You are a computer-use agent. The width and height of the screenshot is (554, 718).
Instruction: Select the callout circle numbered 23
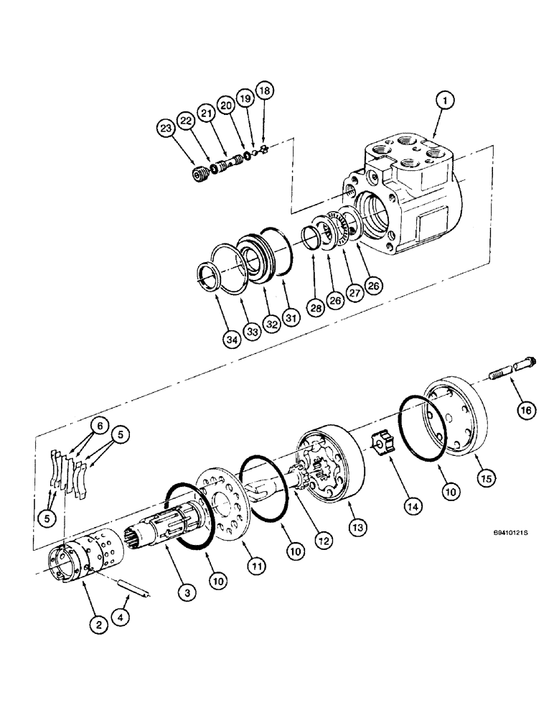click(166, 129)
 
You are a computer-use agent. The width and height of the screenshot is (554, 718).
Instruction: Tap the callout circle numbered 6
click(100, 426)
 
